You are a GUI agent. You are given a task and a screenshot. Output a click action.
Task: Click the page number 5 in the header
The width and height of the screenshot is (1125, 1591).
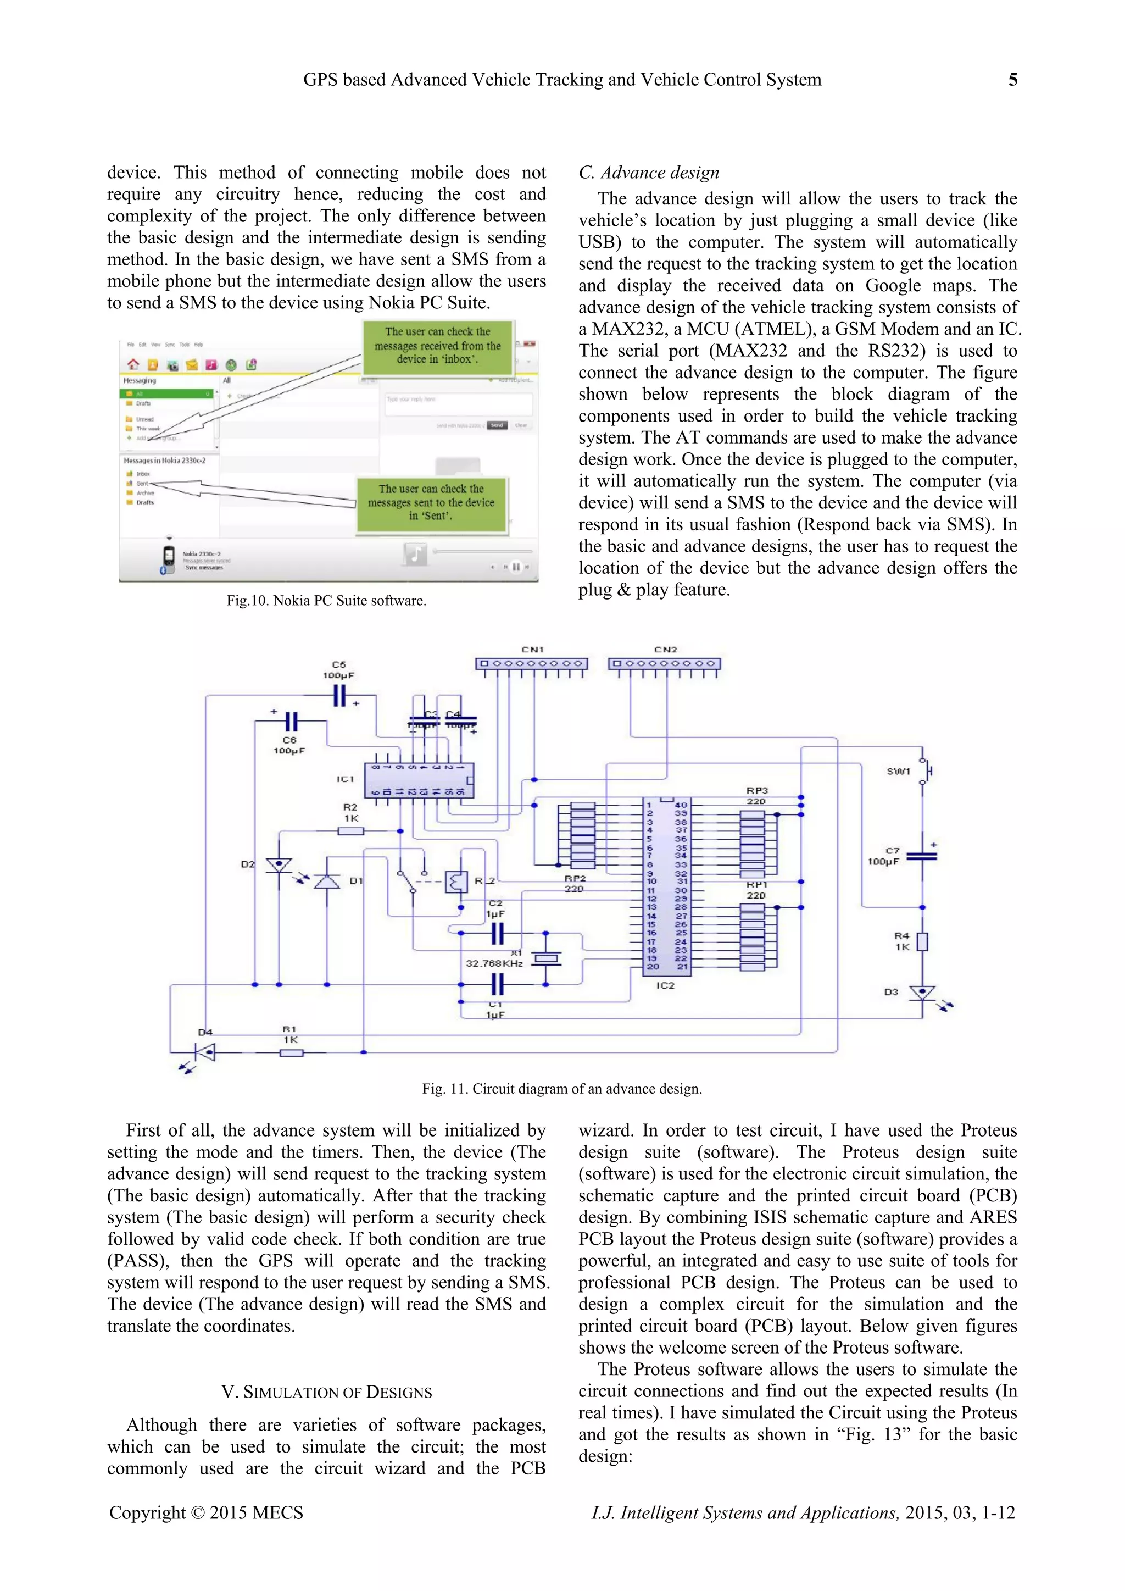pyautogui.click(x=1012, y=80)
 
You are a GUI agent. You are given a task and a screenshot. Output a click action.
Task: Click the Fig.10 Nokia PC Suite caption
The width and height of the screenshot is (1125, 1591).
pyautogui.click(x=326, y=600)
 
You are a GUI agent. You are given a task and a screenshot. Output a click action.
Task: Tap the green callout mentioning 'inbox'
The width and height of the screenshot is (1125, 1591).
pyautogui.click(x=437, y=346)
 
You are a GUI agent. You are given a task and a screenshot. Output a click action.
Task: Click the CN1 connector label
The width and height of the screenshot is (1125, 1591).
pyautogui.click(x=532, y=649)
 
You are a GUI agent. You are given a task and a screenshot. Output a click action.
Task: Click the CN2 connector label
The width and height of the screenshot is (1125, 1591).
pyautogui.click(x=665, y=649)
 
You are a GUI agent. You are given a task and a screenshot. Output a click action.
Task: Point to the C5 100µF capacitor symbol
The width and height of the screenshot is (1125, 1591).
pyautogui.click(x=339, y=695)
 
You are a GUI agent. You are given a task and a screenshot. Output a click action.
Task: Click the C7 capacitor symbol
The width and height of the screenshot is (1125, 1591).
pyautogui.click(x=921, y=856)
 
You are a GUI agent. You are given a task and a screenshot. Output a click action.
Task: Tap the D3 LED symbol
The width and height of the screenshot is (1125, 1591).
pyautogui.click(x=922, y=993)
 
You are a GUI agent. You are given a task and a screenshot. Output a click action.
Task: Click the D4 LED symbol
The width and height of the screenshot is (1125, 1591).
pyautogui.click(x=204, y=1052)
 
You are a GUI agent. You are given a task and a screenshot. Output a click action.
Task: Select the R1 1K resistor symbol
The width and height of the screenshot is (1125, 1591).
pyautogui.click(x=291, y=1052)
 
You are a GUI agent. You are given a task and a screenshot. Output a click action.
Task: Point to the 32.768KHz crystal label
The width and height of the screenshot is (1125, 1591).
pyautogui.click(x=494, y=963)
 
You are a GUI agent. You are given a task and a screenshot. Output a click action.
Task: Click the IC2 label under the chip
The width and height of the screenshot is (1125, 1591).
pyautogui.click(x=665, y=985)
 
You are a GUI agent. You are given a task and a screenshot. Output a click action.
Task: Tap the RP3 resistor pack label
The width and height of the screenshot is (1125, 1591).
pyautogui.click(x=756, y=790)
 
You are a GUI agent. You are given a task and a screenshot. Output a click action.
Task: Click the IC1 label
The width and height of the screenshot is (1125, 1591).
pyautogui.click(x=345, y=779)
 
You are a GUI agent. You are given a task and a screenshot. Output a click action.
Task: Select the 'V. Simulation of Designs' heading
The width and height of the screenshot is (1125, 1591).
pyautogui.click(x=326, y=1392)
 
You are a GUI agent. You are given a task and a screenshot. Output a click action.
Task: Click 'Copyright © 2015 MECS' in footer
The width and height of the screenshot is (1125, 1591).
pyautogui.click(x=206, y=1512)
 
